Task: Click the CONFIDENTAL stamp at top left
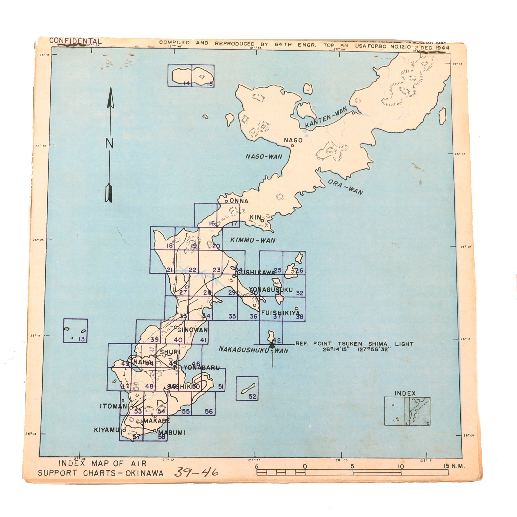point(75,41)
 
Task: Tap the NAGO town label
point(293,140)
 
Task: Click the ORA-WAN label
point(345,187)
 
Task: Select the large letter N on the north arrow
point(109,143)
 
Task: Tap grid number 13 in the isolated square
point(81,339)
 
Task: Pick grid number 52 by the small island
point(252,396)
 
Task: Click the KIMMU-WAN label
point(253,240)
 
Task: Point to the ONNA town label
point(239,201)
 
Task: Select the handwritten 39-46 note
point(196,472)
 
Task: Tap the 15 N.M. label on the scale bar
point(454,466)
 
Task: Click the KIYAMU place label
point(106,430)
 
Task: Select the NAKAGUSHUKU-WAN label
point(253,350)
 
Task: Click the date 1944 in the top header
point(442,48)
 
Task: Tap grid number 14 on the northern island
point(187,83)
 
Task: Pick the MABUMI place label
point(172,433)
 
